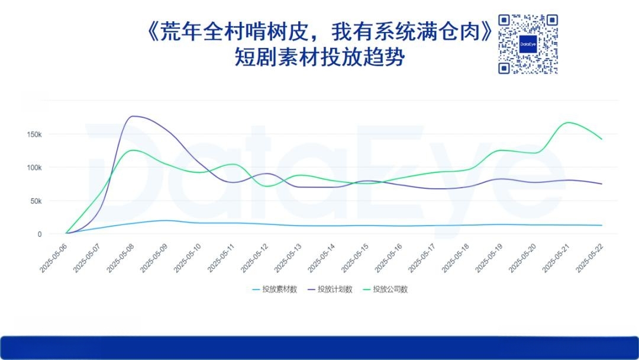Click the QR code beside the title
point(528,44)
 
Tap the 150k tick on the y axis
point(34,134)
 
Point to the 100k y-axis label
point(34,168)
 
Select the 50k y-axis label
point(36,201)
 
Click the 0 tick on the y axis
point(40,234)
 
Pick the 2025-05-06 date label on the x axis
point(53,259)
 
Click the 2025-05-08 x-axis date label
point(120,259)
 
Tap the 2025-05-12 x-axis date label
point(254,259)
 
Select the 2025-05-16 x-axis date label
point(388,259)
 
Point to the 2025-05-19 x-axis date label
point(489,259)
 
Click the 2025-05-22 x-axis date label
point(589,259)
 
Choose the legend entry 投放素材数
point(275,290)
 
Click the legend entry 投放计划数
point(330,290)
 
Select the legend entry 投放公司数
point(386,290)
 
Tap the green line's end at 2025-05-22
point(602,139)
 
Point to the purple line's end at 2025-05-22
point(602,184)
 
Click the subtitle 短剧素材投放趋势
point(319,57)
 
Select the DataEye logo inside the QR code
point(528,44)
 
